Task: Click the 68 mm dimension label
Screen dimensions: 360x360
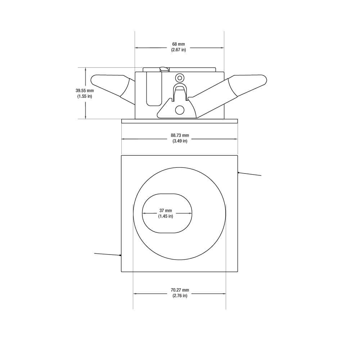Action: pos(179,44)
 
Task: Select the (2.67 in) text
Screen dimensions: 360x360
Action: pos(179,50)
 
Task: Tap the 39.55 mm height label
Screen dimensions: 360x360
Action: pos(85,91)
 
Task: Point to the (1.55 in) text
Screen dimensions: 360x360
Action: pos(85,96)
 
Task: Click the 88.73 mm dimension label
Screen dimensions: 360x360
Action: pos(180,136)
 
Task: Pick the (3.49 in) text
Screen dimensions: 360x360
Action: pos(180,141)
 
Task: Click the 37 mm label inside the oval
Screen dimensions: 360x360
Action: pos(166,211)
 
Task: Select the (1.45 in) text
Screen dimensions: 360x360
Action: pos(166,216)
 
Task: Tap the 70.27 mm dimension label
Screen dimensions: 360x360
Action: pos(180,290)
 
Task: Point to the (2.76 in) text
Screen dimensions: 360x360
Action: pos(180,296)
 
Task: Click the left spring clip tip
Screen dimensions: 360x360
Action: pos(94,80)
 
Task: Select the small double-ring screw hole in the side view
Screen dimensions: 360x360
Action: pos(179,78)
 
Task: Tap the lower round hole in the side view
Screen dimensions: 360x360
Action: pos(179,109)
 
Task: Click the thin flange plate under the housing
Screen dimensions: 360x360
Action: pos(180,121)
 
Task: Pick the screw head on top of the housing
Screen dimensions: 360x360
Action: pos(164,68)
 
